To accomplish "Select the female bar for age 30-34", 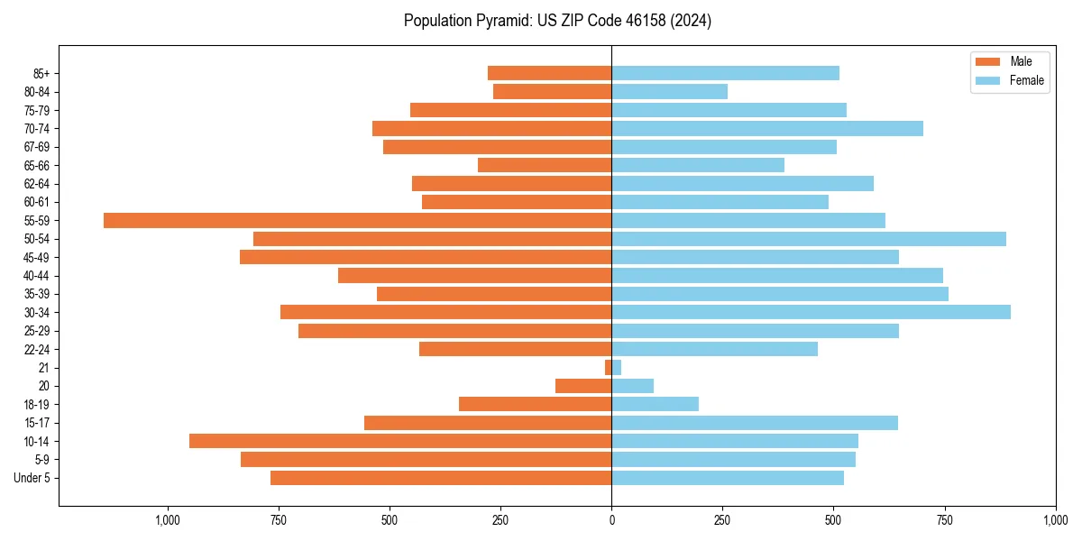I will pyautogui.click(x=811, y=312).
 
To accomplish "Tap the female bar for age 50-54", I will pyautogui.click(x=809, y=239).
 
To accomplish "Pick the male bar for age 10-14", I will pyautogui.click(x=400, y=441).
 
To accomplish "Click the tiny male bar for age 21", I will pyautogui.click(x=608, y=368).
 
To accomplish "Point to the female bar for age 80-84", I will pyautogui.click(x=669, y=91).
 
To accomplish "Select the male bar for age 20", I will pyautogui.click(x=583, y=386).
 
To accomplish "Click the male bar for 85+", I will pyautogui.click(x=549, y=73).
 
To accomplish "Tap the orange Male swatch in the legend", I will pyautogui.click(x=988, y=61).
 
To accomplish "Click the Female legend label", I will pyautogui.click(x=1027, y=80).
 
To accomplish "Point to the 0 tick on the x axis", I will pyautogui.click(x=611, y=520).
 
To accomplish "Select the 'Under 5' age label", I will pyautogui.click(x=32, y=478).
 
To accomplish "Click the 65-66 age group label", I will pyautogui.click(x=37, y=165).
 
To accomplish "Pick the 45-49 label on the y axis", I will pyautogui.click(x=37, y=257).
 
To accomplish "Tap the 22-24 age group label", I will pyautogui.click(x=37, y=349).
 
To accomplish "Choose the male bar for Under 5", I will pyautogui.click(x=441, y=478).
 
